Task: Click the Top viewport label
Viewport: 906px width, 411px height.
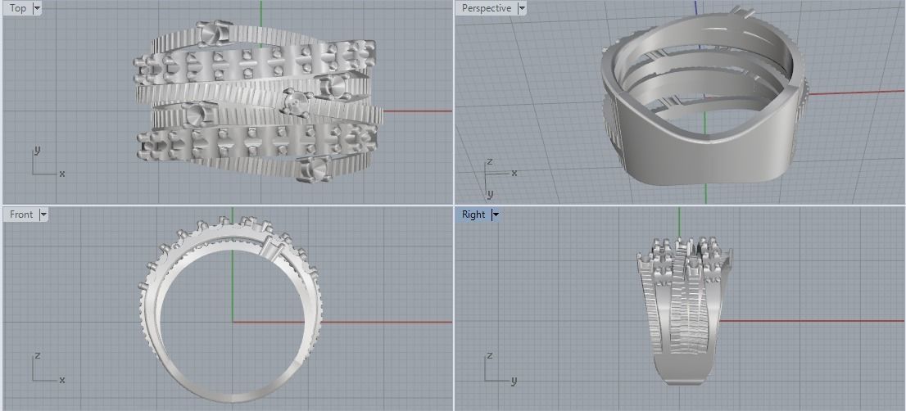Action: click(17, 8)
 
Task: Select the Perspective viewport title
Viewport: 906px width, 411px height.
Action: click(486, 8)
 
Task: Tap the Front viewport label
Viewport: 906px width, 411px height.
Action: click(21, 215)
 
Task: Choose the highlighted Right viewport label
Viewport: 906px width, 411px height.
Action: click(473, 215)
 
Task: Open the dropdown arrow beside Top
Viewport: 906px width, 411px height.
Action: click(37, 8)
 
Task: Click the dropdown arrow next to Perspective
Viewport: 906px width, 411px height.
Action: click(521, 8)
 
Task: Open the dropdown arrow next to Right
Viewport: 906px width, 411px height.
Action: click(496, 215)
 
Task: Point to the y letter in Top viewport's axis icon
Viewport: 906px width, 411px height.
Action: click(37, 151)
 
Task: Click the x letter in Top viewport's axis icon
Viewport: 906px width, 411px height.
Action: click(62, 174)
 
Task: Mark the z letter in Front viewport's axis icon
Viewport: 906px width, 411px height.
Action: click(37, 356)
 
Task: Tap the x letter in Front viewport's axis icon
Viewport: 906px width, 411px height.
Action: click(62, 380)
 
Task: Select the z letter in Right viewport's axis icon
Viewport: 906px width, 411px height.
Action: click(489, 356)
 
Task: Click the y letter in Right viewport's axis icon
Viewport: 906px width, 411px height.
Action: click(514, 380)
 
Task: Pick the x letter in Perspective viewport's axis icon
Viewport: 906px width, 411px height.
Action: click(514, 173)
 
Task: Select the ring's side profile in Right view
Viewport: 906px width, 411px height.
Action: click(679, 311)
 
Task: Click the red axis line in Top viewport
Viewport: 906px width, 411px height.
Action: click(418, 111)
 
